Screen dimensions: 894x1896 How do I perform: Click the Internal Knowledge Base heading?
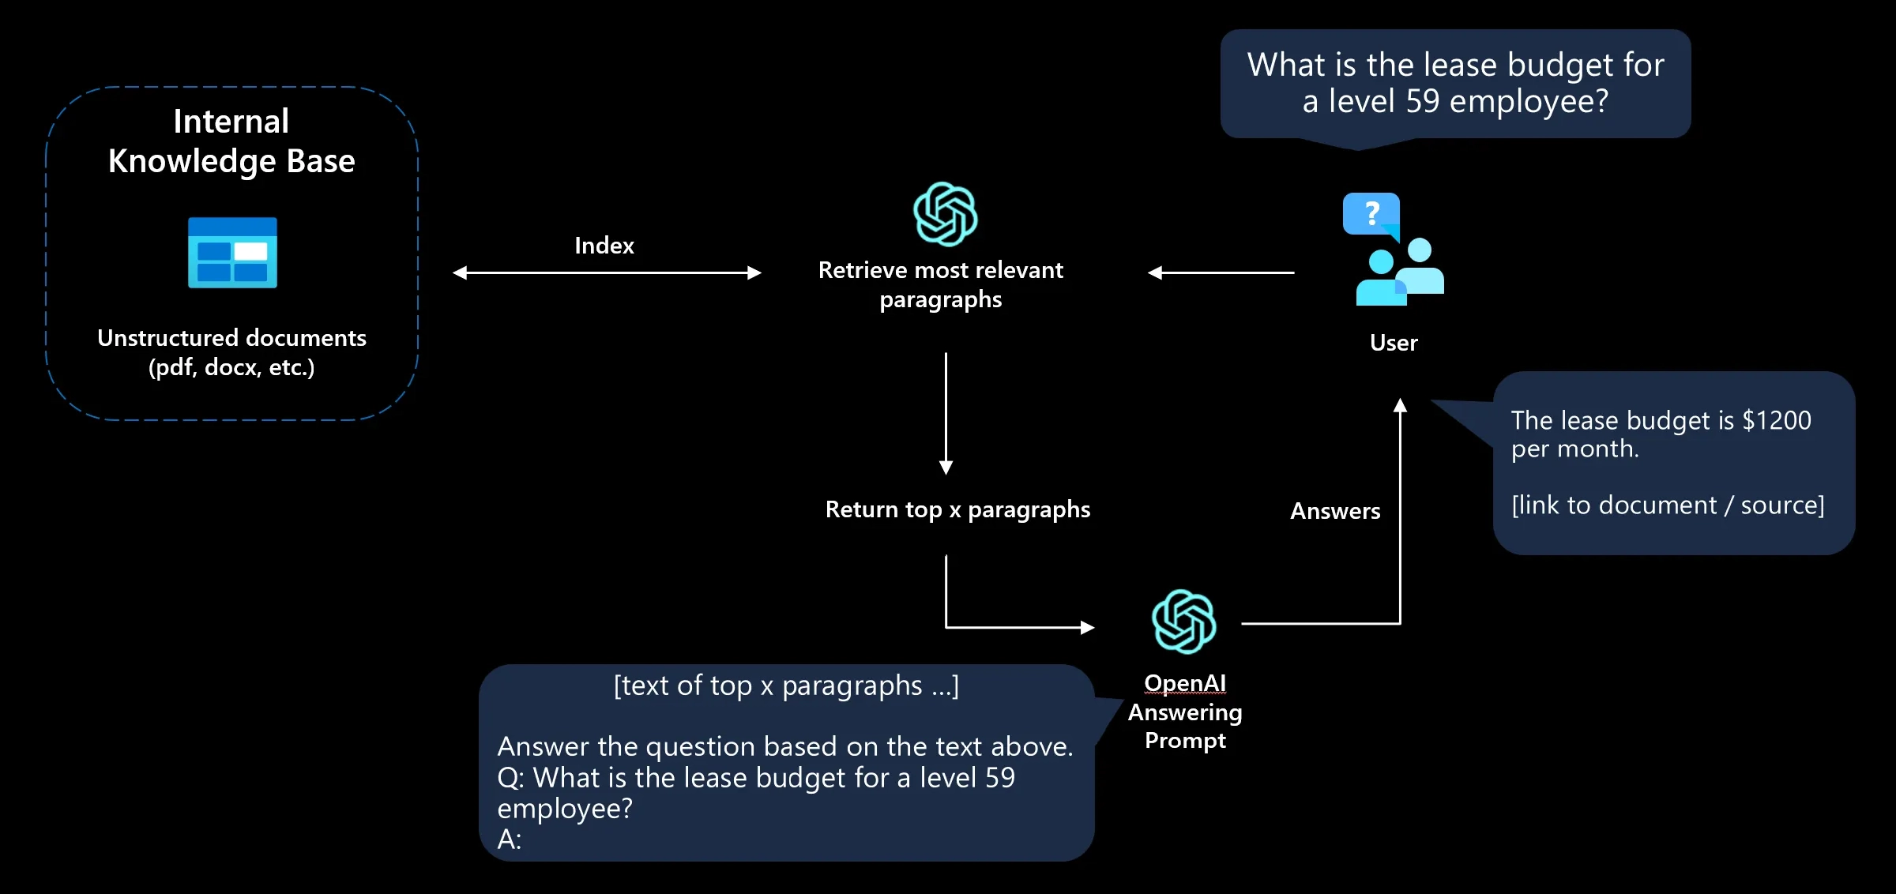pos(231,141)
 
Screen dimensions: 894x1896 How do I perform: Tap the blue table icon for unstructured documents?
pos(232,253)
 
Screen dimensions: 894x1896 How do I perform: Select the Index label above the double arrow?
pos(604,246)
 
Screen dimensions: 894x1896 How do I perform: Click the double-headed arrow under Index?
pos(607,272)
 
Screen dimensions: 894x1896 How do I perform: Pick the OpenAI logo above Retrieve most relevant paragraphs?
pos(945,214)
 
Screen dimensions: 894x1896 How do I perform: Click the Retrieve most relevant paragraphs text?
pos(940,284)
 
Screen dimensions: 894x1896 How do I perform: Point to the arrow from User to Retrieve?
pos(1221,272)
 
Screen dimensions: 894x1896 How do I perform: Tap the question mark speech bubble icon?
pos(1371,214)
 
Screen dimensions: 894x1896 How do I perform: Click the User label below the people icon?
pos(1394,343)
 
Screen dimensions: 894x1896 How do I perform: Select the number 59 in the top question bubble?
pos(1423,101)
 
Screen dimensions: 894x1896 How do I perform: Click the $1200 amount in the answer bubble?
pos(1776,420)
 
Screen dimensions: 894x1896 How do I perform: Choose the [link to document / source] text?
pos(1668,505)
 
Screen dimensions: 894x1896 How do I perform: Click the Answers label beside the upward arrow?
pos(1335,511)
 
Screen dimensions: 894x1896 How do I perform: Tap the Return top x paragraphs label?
pos(957,509)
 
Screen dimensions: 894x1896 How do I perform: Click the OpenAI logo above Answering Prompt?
pos(1183,622)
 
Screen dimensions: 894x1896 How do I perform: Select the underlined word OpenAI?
pos(1185,683)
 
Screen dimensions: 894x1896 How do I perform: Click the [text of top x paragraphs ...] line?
pos(786,686)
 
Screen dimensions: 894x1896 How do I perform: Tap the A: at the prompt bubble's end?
pos(510,840)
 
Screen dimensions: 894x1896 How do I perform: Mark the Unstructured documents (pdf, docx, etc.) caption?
pos(231,352)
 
